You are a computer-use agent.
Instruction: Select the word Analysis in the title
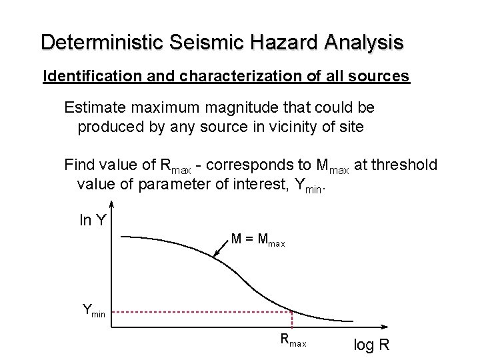pyautogui.click(x=364, y=43)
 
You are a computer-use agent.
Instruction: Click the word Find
pyautogui.click(x=79, y=165)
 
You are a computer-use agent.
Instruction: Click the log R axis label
pyautogui.click(x=371, y=346)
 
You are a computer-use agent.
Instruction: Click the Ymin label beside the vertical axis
pyautogui.click(x=93, y=309)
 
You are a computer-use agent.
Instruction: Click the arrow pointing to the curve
pyautogui.click(x=221, y=247)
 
